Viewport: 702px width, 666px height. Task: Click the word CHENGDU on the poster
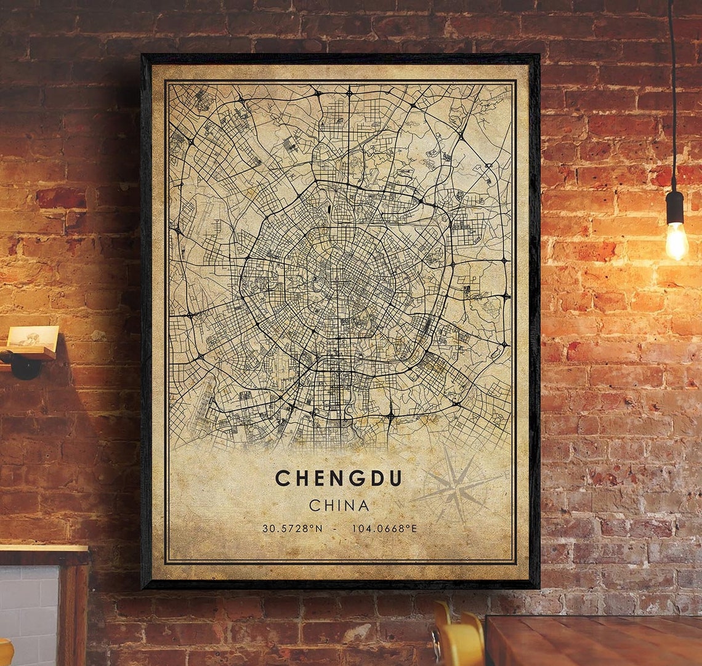click(x=338, y=478)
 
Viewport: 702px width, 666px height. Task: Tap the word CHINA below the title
click(x=339, y=506)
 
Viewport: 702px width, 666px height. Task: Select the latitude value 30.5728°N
click(x=292, y=528)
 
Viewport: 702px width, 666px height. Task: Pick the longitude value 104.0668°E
click(x=384, y=528)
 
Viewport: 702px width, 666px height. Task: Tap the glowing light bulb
click(x=676, y=241)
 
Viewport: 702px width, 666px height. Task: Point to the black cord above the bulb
click(x=672, y=92)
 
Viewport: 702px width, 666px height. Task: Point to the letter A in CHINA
click(x=363, y=506)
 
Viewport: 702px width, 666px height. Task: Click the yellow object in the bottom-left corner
click(x=5, y=652)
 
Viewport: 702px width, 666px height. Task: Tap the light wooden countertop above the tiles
click(x=43, y=548)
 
